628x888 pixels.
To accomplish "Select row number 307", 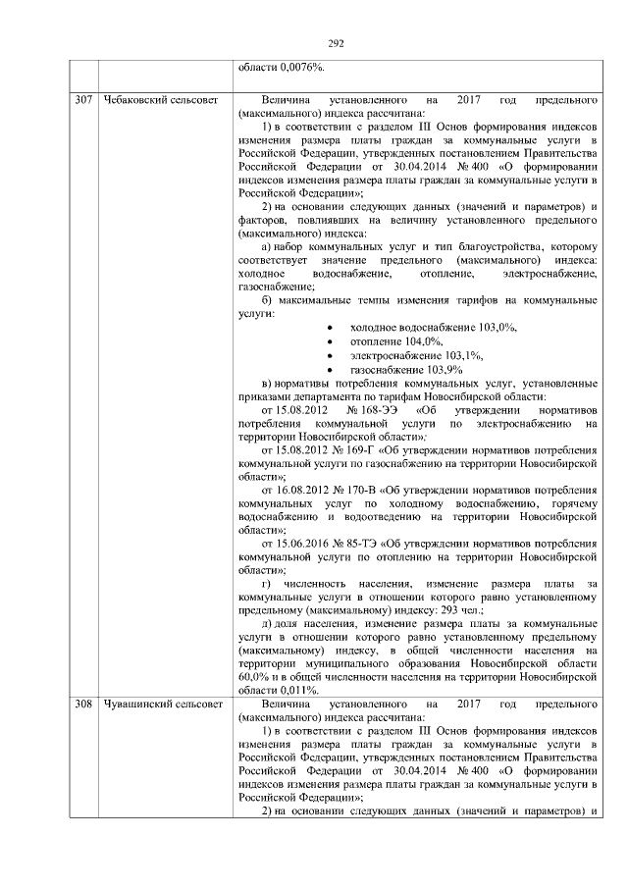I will point(84,100).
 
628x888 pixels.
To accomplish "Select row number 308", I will point(84,705).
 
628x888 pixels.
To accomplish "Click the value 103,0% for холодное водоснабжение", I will point(497,327).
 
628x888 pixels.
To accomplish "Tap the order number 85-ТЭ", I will point(363,543).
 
